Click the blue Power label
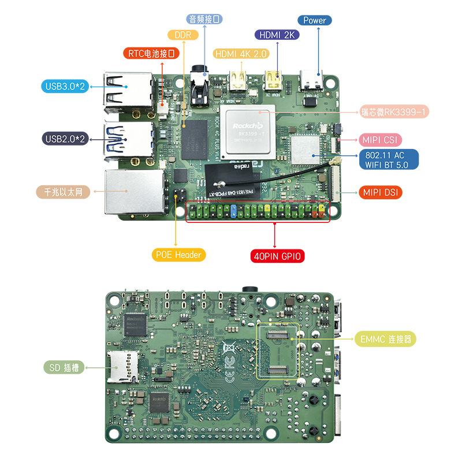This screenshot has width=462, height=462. [x=315, y=20]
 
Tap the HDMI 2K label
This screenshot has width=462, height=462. [x=277, y=35]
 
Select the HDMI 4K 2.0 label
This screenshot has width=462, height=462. [x=241, y=54]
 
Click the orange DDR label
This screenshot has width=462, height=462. [x=182, y=35]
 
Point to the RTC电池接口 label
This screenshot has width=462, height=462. [x=152, y=54]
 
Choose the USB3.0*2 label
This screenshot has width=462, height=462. [x=65, y=87]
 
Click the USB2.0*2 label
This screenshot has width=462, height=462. [x=65, y=139]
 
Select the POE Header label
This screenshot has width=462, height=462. [x=179, y=254]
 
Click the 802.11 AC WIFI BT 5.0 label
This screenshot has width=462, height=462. [x=389, y=159]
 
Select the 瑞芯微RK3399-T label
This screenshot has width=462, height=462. [x=394, y=112]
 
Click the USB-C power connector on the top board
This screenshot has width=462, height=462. [x=314, y=80]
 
